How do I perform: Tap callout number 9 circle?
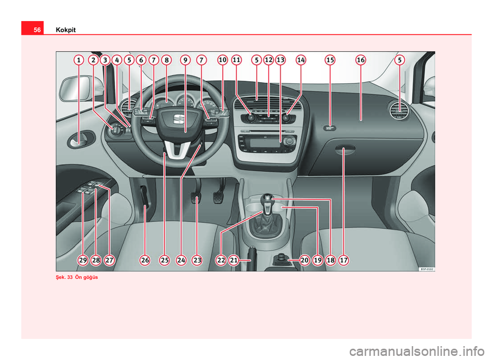[x=185, y=60]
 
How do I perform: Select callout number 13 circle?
[x=280, y=60]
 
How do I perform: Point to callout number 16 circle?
[x=361, y=60]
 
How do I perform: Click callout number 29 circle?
[x=83, y=260]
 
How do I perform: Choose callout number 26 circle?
[x=145, y=260]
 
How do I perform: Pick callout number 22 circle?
[x=221, y=260]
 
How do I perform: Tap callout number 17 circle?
[x=344, y=260]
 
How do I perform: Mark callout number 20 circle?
[x=305, y=260]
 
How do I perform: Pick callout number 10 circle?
[x=222, y=60]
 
